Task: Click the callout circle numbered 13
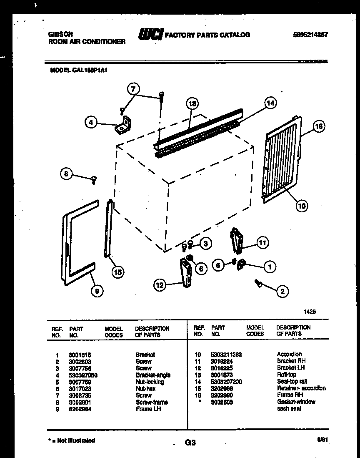point(192,104)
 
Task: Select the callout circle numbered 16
point(319,126)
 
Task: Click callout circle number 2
point(282,292)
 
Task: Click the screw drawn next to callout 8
point(94,180)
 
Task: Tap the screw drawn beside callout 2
point(258,284)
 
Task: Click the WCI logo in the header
point(150,35)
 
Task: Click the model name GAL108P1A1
point(79,71)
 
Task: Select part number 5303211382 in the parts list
point(227,355)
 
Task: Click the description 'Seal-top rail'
point(292,382)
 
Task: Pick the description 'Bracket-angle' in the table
point(152,375)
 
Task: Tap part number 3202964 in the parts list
point(80,409)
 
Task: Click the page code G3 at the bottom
point(190,443)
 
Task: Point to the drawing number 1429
point(309,311)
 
